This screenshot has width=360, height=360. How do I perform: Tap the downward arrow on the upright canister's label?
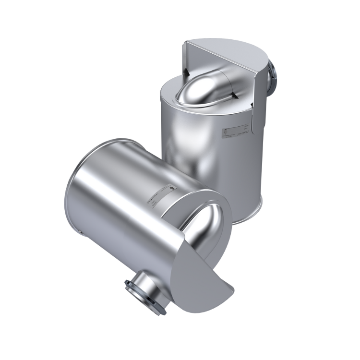[225, 131]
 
